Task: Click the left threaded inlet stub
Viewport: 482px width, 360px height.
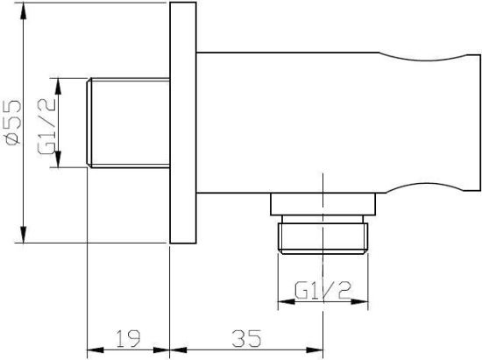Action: coord(127,123)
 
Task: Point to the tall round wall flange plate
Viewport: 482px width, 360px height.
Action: coord(182,123)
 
